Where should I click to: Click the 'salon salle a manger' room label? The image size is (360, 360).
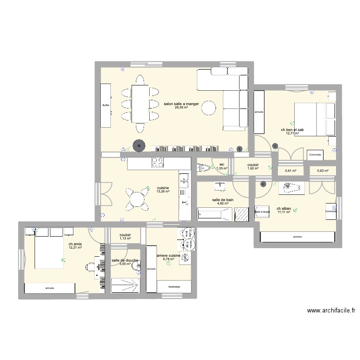click(181, 104)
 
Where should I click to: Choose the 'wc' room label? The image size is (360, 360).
click(221, 164)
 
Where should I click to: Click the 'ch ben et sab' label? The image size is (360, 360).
click(292, 130)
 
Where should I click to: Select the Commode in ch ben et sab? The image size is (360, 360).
click(315, 155)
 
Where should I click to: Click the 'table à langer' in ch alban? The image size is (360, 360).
click(263, 211)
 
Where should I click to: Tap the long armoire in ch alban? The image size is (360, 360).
click(296, 237)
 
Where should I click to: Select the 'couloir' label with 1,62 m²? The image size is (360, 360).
click(253, 165)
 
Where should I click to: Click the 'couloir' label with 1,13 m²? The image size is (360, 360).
click(125, 235)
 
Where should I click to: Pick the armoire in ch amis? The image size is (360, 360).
click(49, 288)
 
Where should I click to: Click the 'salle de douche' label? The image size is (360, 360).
click(125, 260)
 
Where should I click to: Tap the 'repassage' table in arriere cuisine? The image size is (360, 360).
click(174, 287)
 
